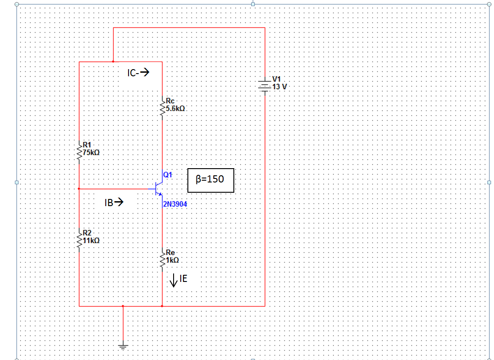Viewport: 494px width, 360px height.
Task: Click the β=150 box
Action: click(x=211, y=180)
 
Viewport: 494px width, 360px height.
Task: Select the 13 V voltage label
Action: click(x=280, y=87)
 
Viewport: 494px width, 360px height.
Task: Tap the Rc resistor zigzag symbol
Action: click(x=162, y=107)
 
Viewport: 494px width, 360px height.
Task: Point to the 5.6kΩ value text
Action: click(x=175, y=108)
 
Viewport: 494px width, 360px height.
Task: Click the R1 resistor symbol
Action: click(x=79, y=152)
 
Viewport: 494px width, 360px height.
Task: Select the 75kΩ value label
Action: click(x=91, y=152)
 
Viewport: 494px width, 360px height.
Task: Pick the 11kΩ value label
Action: click(x=91, y=240)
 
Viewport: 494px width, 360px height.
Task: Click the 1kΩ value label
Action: click(x=173, y=260)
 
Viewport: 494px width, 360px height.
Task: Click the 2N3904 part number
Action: click(x=175, y=204)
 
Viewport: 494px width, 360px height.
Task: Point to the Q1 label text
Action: click(x=168, y=175)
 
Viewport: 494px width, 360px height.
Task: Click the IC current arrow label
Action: click(x=137, y=73)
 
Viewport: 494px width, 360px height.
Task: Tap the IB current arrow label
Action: click(x=113, y=203)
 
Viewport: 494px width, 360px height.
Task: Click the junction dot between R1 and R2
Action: click(x=79, y=189)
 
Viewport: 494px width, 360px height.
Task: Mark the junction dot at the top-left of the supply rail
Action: click(x=113, y=62)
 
